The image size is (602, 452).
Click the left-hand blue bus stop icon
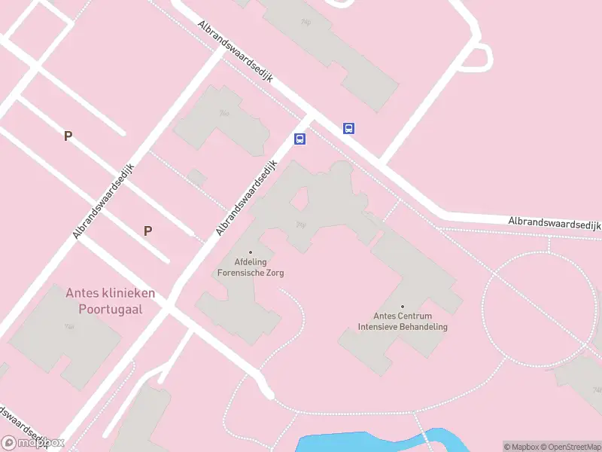pyautogui.click(x=299, y=139)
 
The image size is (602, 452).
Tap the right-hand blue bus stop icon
pyautogui.click(x=348, y=128)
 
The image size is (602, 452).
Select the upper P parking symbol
pyautogui.click(x=68, y=136)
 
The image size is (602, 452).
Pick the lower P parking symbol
pyautogui.click(x=147, y=231)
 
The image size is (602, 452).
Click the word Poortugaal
pyautogui.click(x=110, y=309)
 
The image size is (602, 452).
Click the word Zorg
pyautogui.click(x=275, y=273)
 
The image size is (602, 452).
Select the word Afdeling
pyautogui.click(x=251, y=263)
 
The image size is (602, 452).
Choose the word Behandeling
pyautogui.click(x=424, y=327)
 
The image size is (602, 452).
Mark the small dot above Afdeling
pyautogui.click(x=251, y=252)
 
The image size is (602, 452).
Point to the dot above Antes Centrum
pyautogui.click(x=402, y=306)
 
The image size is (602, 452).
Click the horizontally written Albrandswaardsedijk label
pyautogui.click(x=555, y=224)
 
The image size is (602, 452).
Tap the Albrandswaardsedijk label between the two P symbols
pyautogui.click(x=104, y=201)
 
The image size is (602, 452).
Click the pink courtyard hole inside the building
pyautogui.click(x=299, y=199)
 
